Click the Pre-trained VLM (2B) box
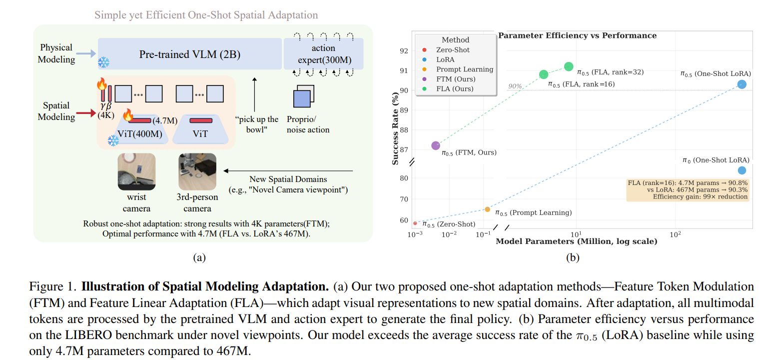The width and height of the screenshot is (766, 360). pos(189,54)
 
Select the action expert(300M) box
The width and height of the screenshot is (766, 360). pos(323,54)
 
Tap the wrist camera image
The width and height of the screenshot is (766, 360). pos(136,171)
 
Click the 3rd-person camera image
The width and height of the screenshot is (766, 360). pos(197,171)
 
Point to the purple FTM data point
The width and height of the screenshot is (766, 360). pos(436,145)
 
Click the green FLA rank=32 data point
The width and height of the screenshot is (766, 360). pos(569,66)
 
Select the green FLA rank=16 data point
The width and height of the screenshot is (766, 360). pos(544,74)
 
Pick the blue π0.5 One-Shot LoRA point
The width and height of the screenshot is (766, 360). pos(742,84)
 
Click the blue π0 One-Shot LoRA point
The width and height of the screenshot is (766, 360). pos(742,170)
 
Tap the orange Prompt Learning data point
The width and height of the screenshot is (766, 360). pos(487,209)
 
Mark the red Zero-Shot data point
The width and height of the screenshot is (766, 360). pos(415,223)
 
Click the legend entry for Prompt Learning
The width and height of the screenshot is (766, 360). pos(464,69)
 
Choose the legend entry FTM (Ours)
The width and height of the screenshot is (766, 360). pos(455,79)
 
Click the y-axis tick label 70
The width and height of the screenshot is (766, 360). pos(403,199)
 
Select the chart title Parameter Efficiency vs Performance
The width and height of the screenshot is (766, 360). pos(577,35)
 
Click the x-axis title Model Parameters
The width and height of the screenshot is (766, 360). pos(576,242)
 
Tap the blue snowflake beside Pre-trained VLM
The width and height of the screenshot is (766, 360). pos(103,62)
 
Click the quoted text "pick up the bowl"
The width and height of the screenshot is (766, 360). pos(257,124)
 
